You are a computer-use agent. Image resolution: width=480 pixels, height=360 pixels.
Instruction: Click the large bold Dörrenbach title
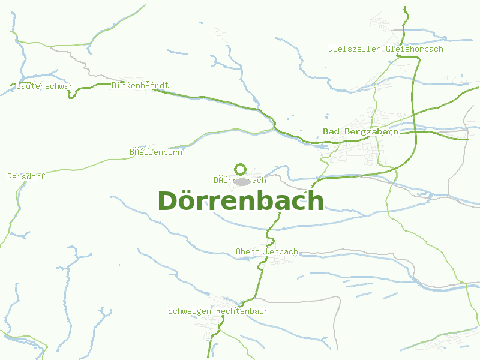pyautogui.click(x=241, y=201)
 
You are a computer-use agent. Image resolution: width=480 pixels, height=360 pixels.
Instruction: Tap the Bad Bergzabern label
pyautogui.click(x=360, y=131)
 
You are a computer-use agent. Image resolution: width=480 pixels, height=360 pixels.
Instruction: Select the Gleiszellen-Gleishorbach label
pyautogui.click(x=386, y=49)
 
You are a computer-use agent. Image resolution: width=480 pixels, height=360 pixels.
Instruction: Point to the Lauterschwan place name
pyautogui.click(x=45, y=86)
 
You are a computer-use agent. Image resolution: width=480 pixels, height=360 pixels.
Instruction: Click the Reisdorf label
pyautogui.click(x=26, y=176)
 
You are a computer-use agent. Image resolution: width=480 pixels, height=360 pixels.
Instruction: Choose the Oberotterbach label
pyautogui.click(x=267, y=252)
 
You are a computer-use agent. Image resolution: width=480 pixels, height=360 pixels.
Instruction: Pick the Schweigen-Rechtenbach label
pyautogui.click(x=218, y=311)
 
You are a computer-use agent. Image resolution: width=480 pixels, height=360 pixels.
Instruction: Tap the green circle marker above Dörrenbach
pyautogui.click(x=241, y=169)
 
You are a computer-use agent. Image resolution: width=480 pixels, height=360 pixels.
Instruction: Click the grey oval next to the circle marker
pyautogui.click(x=242, y=181)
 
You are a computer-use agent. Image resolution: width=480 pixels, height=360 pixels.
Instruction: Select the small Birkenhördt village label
pyautogui.click(x=140, y=86)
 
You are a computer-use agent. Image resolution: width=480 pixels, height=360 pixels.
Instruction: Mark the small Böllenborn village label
pyautogui.click(x=156, y=152)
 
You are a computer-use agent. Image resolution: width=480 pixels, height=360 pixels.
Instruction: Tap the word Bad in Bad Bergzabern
pyautogui.click(x=330, y=131)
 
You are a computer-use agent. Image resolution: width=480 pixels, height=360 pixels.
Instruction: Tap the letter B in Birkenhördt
pyautogui.click(x=115, y=86)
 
